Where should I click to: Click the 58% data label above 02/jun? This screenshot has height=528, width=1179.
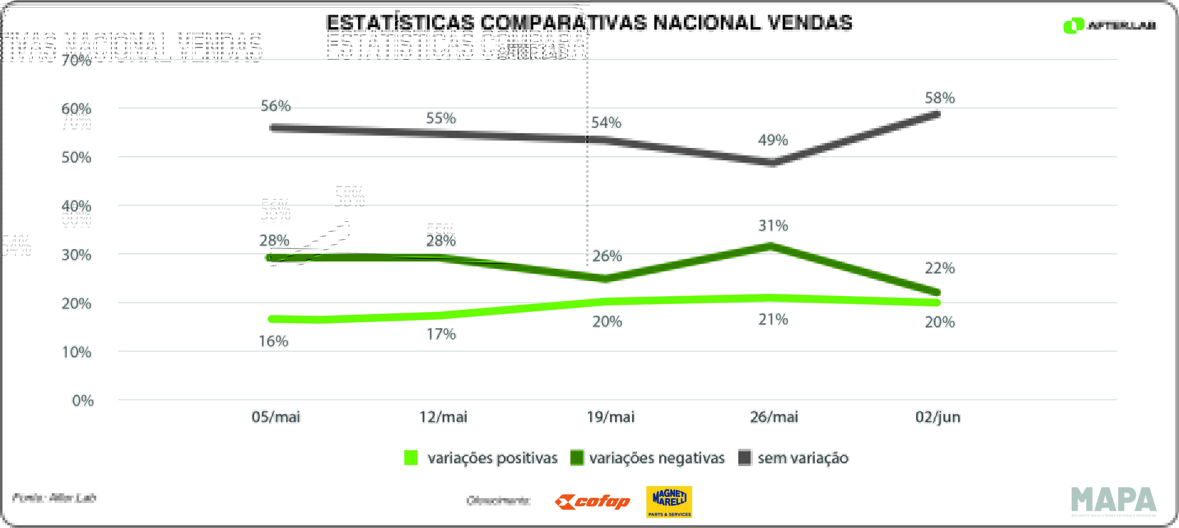click(939, 98)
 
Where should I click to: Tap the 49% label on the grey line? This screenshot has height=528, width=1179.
click(773, 140)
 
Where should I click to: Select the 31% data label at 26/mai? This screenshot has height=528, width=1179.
click(773, 225)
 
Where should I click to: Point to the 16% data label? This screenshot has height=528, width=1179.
click(274, 341)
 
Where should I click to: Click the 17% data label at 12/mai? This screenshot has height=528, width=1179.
click(441, 334)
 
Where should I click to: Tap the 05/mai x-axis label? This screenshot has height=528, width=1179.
click(276, 417)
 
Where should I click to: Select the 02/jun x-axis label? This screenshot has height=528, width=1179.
click(938, 417)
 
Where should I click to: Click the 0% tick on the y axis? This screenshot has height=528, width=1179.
click(83, 401)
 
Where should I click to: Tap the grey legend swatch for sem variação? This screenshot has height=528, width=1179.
click(745, 458)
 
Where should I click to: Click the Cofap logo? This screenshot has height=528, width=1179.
click(592, 502)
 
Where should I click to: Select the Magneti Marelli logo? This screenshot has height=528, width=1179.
click(669, 501)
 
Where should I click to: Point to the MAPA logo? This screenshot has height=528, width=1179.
click(1114, 501)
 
